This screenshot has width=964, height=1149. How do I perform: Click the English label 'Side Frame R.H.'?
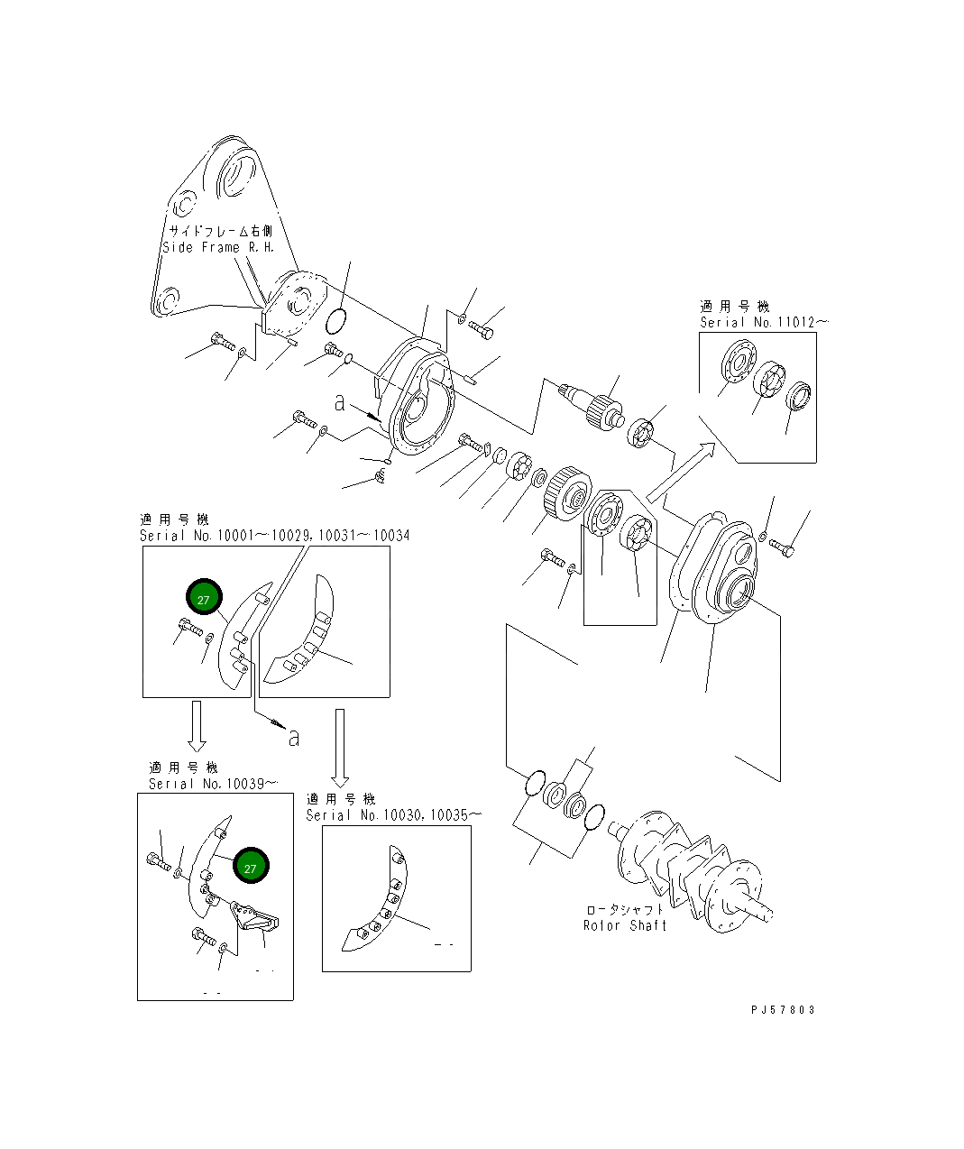click(217, 247)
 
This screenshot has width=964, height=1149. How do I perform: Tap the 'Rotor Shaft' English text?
click(625, 925)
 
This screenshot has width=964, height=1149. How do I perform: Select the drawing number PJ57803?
click(782, 1010)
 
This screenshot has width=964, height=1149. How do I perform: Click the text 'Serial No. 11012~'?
click(764, 322)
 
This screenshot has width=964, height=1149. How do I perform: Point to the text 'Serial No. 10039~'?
click(213, 784)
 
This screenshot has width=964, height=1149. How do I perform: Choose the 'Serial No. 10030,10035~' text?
click(393, 814)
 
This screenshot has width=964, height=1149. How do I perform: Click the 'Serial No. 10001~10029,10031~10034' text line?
click(274, 536)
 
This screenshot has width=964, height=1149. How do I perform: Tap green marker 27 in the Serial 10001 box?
click(204, 600)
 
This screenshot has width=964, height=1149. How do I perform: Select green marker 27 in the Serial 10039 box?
click(251, 868)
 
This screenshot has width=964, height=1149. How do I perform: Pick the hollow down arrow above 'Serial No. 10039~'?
click(197, 727)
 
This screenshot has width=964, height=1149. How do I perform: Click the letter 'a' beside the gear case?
click(339, 403)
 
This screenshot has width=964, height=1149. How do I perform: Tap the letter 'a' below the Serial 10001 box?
click(293, 738)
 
